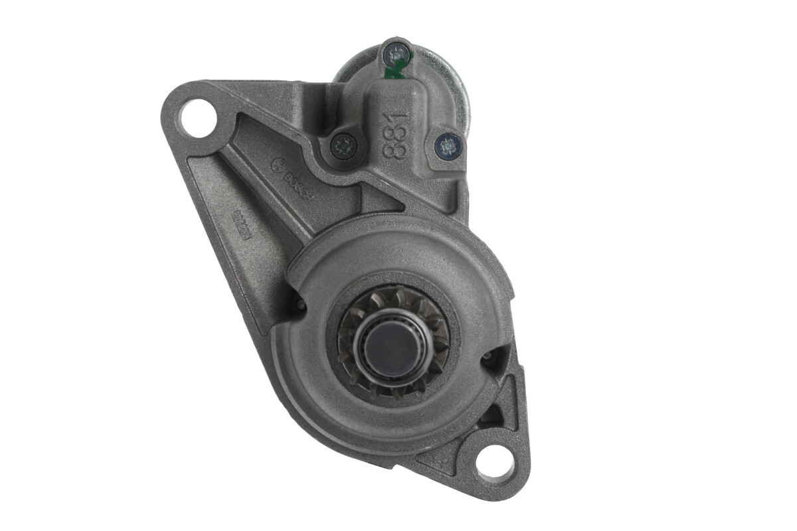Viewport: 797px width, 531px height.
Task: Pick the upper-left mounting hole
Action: pos(198,118)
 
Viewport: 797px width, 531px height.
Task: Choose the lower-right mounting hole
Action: pos(495,462)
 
